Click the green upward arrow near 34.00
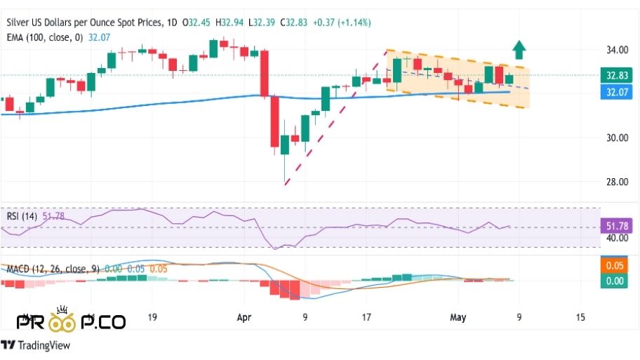coord(519,49)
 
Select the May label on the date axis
coord(457,317)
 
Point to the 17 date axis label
coord(366,317)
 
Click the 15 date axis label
coord(579,317)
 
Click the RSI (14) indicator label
coord(22,216)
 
